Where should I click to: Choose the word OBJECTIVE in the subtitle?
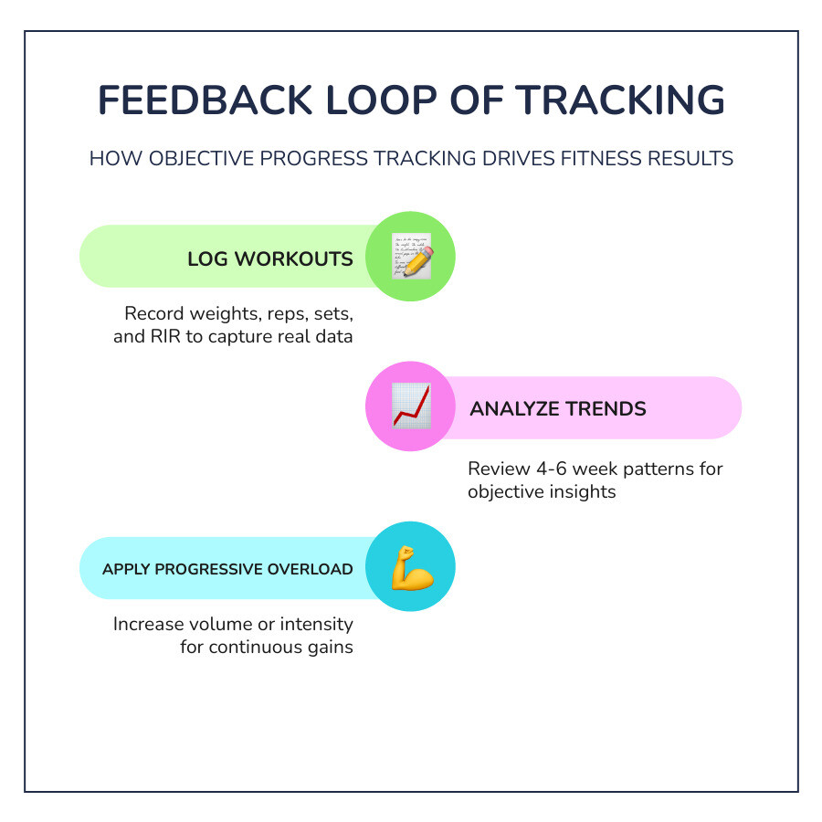click(x=191, y=158)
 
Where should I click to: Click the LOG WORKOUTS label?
click(x=269, y=258)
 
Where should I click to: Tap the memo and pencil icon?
click(x=410, y=257)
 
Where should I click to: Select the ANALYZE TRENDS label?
click(x=557, y=409)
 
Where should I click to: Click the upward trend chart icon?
click(x=410, y=407)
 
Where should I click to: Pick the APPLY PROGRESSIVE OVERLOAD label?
click(x=227, y=569)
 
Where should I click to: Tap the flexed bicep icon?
click(x=410, y=567)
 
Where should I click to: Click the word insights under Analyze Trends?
click(x=584, y=491)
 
